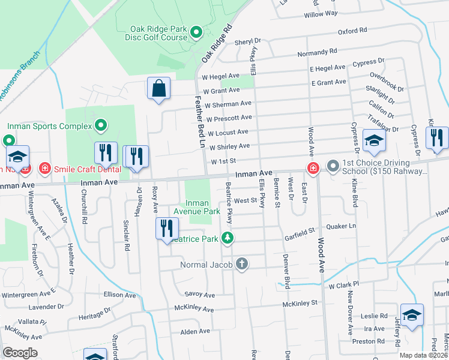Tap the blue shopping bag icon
click(158, 89)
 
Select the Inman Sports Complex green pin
click(101, 126)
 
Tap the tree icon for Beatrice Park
click(228, 238)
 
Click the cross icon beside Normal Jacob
click(242, 264)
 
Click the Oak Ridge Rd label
click(217, 44)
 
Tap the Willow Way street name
click(321, 13)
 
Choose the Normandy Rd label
click(318, 53)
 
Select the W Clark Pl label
click(343, 284)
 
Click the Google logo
click(20, 353)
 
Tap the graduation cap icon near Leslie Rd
click(412, 315)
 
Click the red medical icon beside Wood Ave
click(313, 167)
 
